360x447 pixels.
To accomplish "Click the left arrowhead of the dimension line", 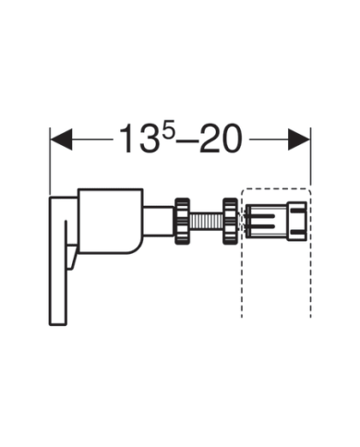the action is [x=61, y=139].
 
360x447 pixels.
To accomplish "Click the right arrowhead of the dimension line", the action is [x=299, y=139].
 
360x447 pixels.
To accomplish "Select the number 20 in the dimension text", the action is [x=220, y=139].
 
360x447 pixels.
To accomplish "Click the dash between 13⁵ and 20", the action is [x=188, y=141].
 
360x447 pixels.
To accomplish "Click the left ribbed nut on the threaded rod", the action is [x=183, y=222].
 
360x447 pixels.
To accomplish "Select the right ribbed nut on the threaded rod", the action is [x=230, y=222].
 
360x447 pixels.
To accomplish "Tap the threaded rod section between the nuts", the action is [x=207, y=222].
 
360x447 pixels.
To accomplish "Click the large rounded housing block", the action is [x=110, y=221].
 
